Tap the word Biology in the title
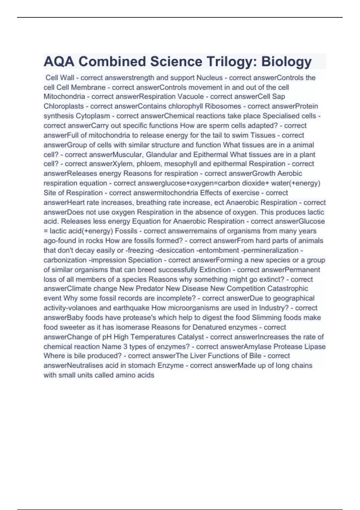(286, 61)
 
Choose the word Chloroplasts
(64, 106)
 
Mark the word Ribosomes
(223, 106)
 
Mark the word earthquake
(131, 308)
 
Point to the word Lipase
(315, 346)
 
